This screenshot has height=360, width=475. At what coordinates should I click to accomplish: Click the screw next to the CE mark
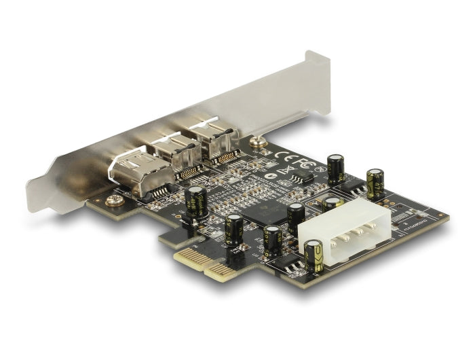[x=256, y=143]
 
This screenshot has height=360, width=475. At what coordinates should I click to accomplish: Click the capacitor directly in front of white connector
[x=313, y=257]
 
